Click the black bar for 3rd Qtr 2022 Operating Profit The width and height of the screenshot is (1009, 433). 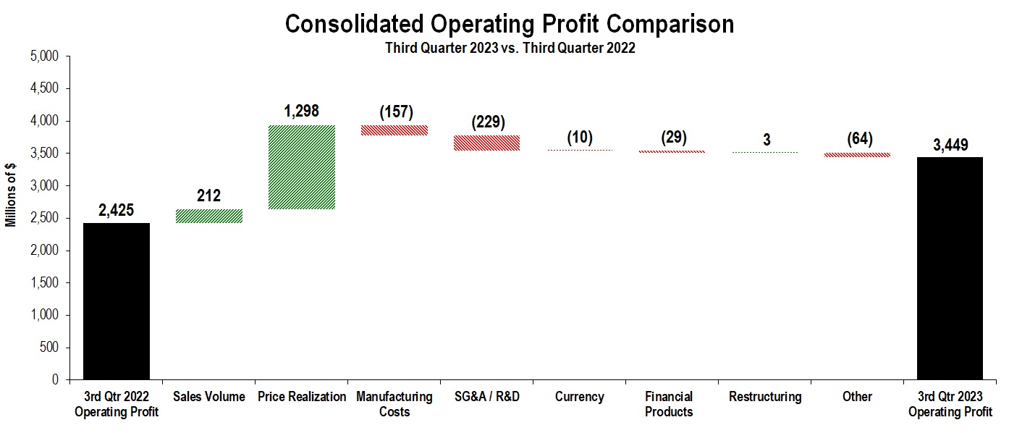[x=117, y=300]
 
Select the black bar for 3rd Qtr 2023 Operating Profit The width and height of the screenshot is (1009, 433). [x=950, y=268]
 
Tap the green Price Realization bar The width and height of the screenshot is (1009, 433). [x=302, y=167]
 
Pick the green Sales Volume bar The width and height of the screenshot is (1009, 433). [x=209, y=216]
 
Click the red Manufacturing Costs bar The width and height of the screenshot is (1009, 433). [x=394, y=130]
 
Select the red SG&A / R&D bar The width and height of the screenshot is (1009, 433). [x=486, y=143]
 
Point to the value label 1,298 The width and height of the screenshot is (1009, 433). [x=302, y=112]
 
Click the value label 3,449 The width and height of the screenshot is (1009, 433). [x=950, y=145]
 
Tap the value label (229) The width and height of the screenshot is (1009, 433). [x=487, y=122]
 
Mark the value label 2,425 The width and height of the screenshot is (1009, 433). [x=117, y=211]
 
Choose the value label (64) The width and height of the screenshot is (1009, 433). [x=860, y=138]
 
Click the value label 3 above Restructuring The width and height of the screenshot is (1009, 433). [x=766, y=140]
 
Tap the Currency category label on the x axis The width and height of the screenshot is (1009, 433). [x=579, y=397]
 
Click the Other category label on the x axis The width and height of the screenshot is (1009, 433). [x=857, y=397]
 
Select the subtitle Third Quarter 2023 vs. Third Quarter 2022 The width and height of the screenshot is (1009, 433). [x=510, y=49]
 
